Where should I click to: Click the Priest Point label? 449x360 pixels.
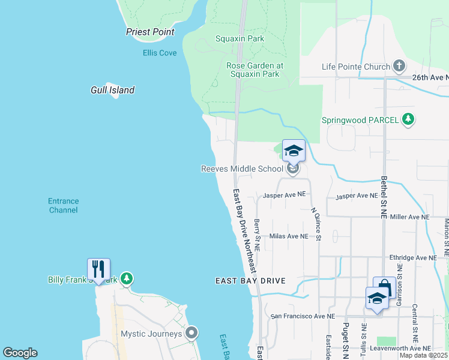pos(150,32)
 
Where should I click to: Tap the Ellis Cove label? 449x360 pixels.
pos(160,53)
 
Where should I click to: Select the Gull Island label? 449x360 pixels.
pos(112,90)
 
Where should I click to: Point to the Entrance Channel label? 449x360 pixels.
pos(63,206)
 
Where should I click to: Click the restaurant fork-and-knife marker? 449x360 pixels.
pos(98,269)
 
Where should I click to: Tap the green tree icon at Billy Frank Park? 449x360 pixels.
pos(126,278)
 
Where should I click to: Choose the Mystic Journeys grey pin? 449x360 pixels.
pos(191,332)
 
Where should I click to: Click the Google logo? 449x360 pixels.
pos(20,353)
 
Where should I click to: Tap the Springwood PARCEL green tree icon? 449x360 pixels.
pos(408,119)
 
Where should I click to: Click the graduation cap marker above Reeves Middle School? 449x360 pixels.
pos(294,151)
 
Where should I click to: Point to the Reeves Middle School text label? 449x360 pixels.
pos(241,169)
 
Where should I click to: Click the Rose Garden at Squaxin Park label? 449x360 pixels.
pos(255,70)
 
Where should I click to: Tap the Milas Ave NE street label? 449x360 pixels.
pos(288,236)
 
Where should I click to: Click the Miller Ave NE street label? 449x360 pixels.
pos(410,217)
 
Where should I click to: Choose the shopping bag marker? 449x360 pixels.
pos(384,287)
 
